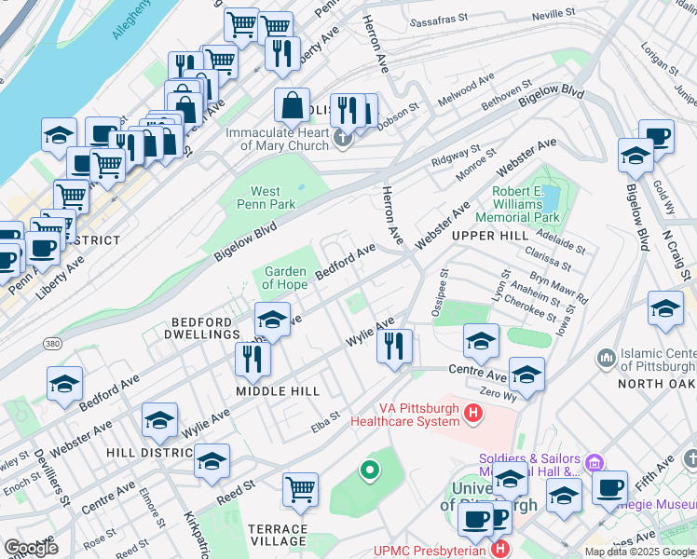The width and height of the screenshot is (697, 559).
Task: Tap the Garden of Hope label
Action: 285,278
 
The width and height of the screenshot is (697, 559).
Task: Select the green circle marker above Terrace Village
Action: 370,470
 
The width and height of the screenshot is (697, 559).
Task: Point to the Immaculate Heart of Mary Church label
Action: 278,139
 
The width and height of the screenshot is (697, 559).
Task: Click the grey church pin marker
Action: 344,140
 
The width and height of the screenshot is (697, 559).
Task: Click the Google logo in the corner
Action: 32,547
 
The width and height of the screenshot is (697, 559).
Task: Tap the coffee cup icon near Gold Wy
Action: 656,137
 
